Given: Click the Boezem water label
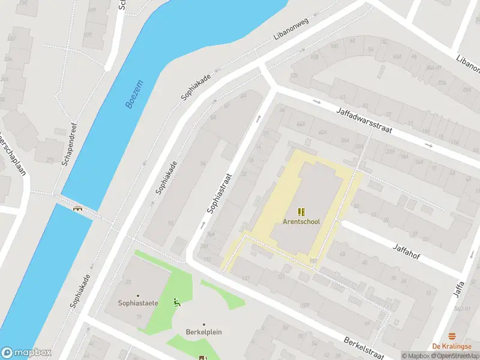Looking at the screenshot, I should [x=135, y=94].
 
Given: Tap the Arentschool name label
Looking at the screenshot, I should [x=301, y=221].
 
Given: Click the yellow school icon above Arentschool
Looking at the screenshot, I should [x=301, y=211].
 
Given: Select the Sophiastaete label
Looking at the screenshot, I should [x=138, y=303].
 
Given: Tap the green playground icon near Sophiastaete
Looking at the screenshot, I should [x=176, y=302].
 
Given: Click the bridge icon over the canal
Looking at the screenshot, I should [x=77, y=209].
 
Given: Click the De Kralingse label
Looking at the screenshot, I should [x=452, y=346].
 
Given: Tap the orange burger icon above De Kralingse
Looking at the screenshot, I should [x=452, y=336].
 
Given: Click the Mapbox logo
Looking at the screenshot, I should [x=26, y=353].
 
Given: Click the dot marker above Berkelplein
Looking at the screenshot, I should [x=203, y=325].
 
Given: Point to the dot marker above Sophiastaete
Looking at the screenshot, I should [x=138, y=295].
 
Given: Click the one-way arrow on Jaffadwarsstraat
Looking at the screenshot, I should [x=428, y=146].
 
